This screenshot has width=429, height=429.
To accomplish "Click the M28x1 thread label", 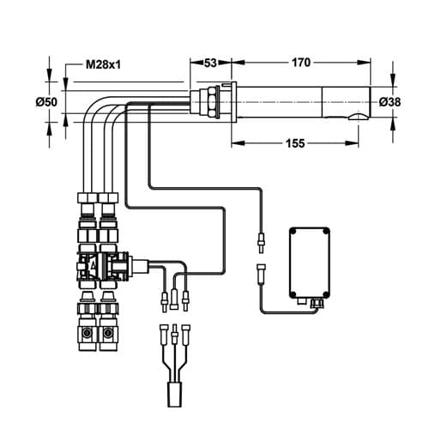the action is (x=104, y=65).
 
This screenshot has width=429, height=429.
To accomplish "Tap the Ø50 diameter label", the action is (x=46, y=102).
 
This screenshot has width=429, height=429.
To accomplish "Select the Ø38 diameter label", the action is (x=390, y=102).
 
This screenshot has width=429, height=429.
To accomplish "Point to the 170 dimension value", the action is (x=301, y=63).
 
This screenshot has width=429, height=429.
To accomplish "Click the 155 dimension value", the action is (x=295, y=143).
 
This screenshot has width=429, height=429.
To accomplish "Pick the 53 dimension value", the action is (x=210, y=63).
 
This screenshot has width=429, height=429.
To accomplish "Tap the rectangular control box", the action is (x=310, y=263).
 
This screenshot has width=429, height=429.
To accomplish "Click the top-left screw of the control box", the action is (x=293, y=232).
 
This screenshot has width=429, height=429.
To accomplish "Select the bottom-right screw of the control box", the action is (x=325, y=294).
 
